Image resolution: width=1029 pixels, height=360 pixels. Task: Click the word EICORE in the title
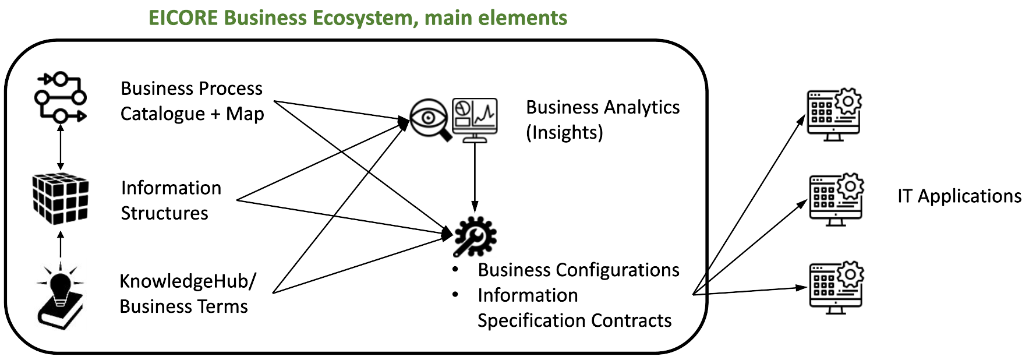(183, 18)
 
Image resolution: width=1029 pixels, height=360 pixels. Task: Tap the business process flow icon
(61, 97)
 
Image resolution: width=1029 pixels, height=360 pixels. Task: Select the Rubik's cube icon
(61, 199)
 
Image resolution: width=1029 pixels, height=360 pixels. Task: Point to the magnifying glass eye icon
(430, 119)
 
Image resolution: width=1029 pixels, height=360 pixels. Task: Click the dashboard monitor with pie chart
(475, 119)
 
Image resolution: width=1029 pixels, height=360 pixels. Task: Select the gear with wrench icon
(475, 237)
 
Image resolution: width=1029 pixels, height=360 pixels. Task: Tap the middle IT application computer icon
(836, 199)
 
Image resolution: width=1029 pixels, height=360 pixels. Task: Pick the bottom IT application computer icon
(836, 288)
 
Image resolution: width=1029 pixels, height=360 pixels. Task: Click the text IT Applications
(959, 196)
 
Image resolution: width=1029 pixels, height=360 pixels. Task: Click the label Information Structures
(171, 200)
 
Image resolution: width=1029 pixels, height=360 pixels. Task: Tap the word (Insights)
(564, 133)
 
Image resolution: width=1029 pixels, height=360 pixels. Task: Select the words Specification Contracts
(574, 321)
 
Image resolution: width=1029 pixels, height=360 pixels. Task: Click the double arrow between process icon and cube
(61, 147)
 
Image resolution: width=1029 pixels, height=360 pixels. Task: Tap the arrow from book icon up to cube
(61, 245)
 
